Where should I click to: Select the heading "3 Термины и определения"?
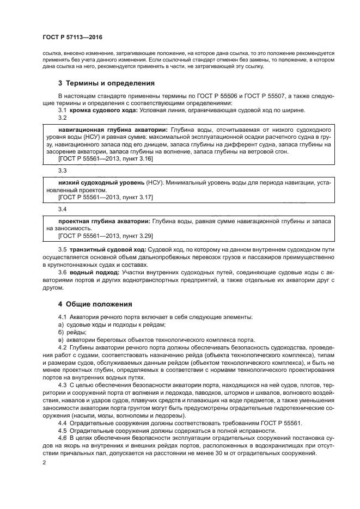click(106, 83)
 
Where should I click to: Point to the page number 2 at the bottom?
click(44, 462)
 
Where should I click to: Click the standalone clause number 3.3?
click(62, 171)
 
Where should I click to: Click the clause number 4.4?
click(63, 423)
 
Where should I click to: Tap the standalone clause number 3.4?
click(62, 209)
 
